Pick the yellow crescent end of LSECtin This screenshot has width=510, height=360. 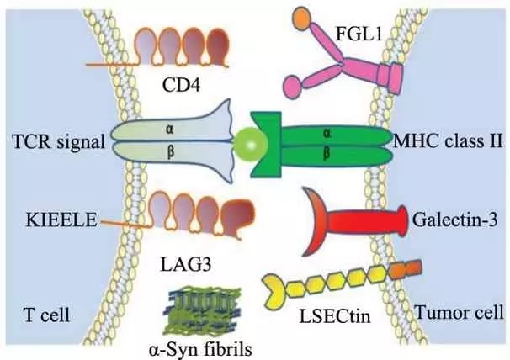[274, 289]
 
